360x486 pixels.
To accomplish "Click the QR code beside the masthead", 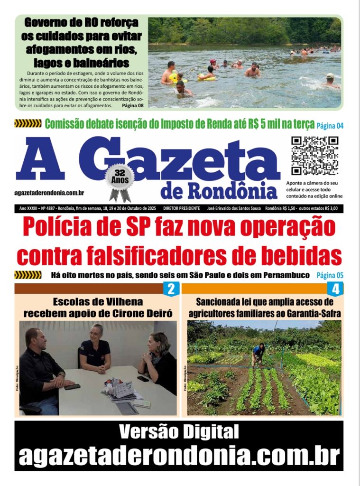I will coord(314,156).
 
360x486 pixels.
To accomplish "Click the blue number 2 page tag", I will coord(171,289).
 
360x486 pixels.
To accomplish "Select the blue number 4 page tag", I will coord(335,289).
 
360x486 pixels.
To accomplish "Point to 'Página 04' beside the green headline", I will coord(330,126).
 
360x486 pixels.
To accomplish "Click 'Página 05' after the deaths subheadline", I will coord(330,275).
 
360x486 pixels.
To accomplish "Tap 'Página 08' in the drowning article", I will coord(133,105).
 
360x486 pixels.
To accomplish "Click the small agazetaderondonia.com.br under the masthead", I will coord(50,192).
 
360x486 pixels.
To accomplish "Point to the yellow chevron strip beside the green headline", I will coord(28,124).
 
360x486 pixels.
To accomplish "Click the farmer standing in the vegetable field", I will coord(258,354).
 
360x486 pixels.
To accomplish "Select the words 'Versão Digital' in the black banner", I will coord(179,432).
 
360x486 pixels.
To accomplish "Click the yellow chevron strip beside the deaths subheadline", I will coord(28,275).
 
